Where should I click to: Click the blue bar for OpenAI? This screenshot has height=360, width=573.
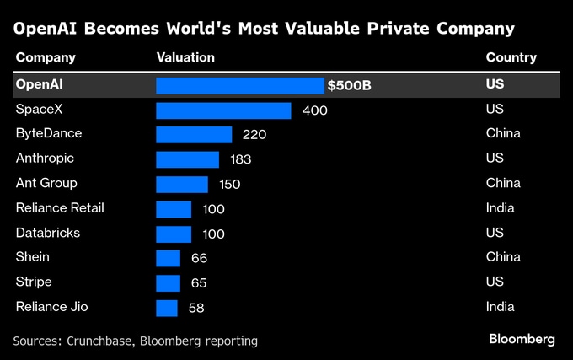pyautogui.click(x=240, y=86)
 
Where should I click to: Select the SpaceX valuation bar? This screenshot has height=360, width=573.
pyautogui.click(x=223, y=110)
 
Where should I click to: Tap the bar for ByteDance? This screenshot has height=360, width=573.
pyautogui.click(x=194, y=135)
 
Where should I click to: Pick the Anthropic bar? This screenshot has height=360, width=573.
pyautogui.click(x=187, y=159)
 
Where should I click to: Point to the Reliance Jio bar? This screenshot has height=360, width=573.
pyautogui.click(x=167, y=308)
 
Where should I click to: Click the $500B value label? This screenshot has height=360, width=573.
pyautogui.click(x=350, y=86)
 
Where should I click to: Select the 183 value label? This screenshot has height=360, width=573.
pyautogui.click(x=240, y=159)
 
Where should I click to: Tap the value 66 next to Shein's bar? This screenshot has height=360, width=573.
pyautogui.click(x=199, y=258)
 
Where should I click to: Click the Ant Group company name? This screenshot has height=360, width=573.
pyautogui.click(x=46, y=184)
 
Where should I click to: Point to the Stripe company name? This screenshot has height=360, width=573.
pyautogui.click(x=34, y=282)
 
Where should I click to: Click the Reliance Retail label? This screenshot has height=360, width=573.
pyautogui.click(x=60, y=208)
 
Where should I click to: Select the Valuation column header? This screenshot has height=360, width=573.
pyautogui.click(x=185, y=58)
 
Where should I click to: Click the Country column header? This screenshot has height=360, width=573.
pyautogui.click(x=511, y=58)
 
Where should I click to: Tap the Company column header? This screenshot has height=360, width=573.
pyautogui.click(x=46, y=58)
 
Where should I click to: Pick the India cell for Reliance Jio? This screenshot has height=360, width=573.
pyautogui.click(x=501, y=308)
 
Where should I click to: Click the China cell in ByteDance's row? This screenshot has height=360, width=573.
pyautogui.click(x=503, y=134)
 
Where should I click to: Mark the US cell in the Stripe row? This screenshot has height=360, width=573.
pyautogui.click(x=495, y=282)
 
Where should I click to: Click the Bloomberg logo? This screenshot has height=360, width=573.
pyautogui.click(x=522, y=339)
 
